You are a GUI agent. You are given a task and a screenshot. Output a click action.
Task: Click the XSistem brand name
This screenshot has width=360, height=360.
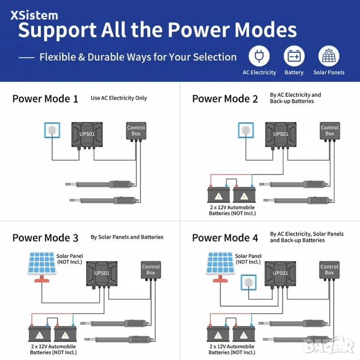pyautogui.click(x=34, y=15)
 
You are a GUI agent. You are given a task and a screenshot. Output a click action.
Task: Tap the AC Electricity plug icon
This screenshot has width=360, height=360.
pyautogui.click(x=259, y=56)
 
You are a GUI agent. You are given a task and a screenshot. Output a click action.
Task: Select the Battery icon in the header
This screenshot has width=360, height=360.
pyautogui.click(x=294, y=56)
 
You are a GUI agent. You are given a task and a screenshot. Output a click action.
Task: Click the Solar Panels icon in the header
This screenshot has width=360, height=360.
pyautogui.click(x=329, y=56)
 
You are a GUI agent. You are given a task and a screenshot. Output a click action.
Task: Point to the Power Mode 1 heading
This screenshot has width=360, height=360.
pyautogui.click(x=45, y=99)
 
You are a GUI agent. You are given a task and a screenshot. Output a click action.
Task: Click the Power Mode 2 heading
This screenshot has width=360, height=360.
pyautogui.click(x=225, y=99)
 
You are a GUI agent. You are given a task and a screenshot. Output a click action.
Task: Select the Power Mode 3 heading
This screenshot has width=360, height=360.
pyautogui.click(x=45, y=238)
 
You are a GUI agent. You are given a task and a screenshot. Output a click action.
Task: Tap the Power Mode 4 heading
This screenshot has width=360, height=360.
pyautogui.click(x=225, y=238)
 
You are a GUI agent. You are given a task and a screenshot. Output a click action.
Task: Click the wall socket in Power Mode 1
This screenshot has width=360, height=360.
pyautogui.click(x=52, y=130)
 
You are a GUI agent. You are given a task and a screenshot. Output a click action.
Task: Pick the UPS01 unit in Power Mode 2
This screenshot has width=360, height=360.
pyautogui.click(x=281, y=135)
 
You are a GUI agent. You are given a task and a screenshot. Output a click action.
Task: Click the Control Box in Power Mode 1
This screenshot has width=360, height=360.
pyautogui.click(x=136, y=131)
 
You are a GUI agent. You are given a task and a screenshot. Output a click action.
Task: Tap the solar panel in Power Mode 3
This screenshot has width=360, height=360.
pyautogui.click(x=42, y=267)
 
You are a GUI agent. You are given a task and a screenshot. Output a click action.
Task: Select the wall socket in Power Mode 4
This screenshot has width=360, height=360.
pyautogui.click(x=248, y=282)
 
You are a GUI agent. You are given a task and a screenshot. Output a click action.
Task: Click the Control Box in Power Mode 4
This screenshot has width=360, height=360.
pyautogui.click(x=329, y=270)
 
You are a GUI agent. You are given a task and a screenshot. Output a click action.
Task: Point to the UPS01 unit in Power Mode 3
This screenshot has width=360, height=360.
pyautogui.click(x=102, y=274)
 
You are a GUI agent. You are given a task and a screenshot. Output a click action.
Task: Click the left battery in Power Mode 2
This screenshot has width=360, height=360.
pyautogui.click(x=219, y=194)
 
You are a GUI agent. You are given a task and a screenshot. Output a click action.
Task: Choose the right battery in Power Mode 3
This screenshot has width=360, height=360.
pyautogui.click(x=65, y=333)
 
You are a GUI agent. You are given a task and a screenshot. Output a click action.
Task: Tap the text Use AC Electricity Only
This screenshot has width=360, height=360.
pyautogui.click(x=119, y=98)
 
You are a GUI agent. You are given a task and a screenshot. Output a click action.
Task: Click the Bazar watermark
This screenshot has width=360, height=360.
pyautogui.click(x=328, y=346)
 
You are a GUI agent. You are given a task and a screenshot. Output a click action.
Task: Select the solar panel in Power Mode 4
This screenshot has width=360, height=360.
pyautogui.click(x=220, y=267)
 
